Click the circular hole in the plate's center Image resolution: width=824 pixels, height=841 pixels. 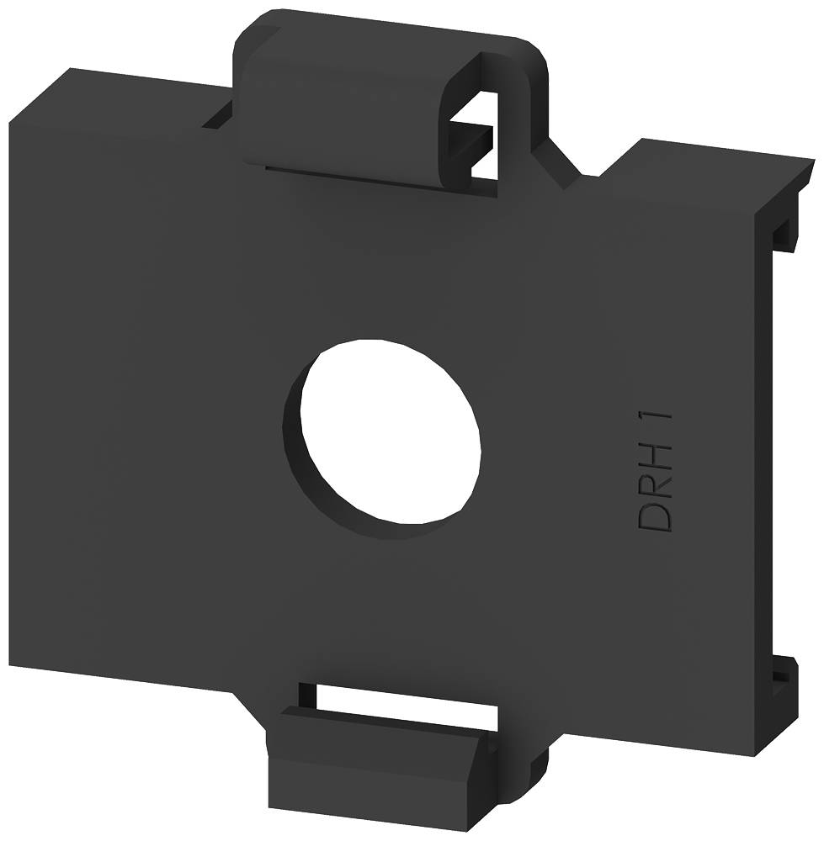391,431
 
